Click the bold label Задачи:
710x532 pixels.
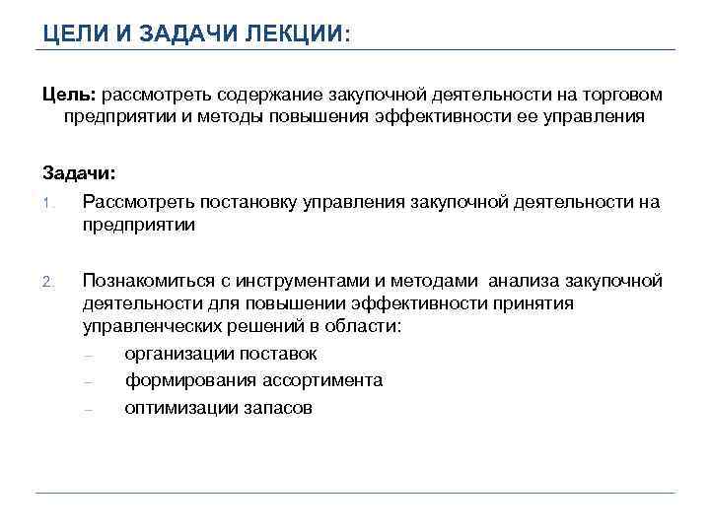(78, 173)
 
